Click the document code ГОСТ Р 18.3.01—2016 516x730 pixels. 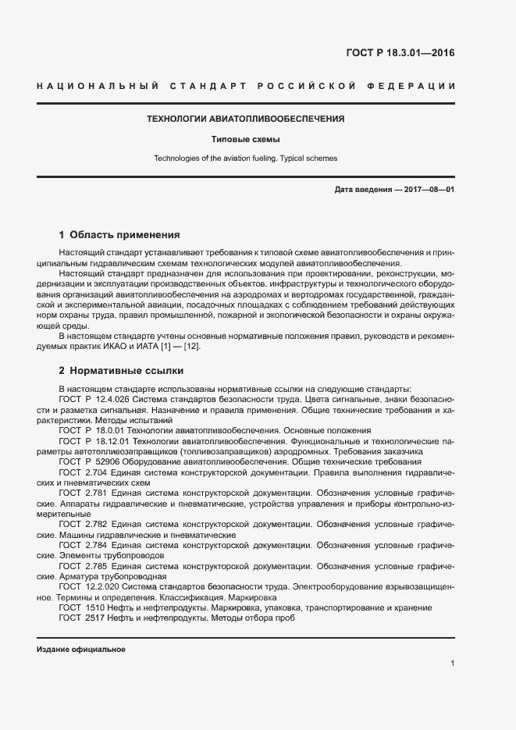click(x=400, y=54)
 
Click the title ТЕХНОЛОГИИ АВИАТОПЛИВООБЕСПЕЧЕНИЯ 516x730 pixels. click(x=246, y=119)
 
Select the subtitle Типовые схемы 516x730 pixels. click(x=246, y=140)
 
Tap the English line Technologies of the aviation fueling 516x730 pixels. click(x=246, y=158)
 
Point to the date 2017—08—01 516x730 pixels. click(x=429, y=190)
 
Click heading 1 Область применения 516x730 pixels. click(x=120, y=235)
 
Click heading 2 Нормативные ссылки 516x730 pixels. click(x=121, y=371)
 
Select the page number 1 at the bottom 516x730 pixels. click(x=453, y=663)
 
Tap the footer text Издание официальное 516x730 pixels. click(x=81, y=649)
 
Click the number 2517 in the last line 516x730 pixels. click(x=94, y=618)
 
